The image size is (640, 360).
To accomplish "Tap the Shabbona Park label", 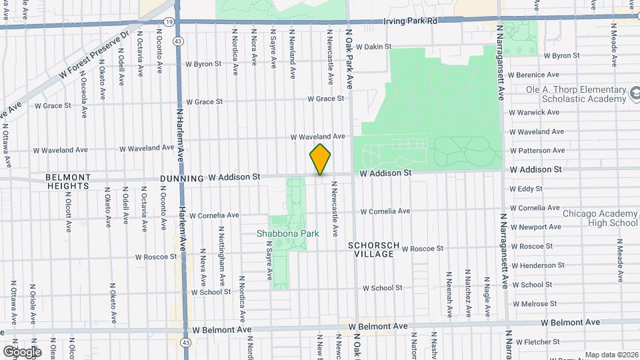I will click(x=288, y=233).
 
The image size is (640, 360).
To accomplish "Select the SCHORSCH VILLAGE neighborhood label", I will click(x=373, y=250).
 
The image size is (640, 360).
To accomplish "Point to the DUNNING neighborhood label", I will click(x=181, y=179).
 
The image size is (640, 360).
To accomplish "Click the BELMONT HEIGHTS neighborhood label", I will click(x=68, y=182).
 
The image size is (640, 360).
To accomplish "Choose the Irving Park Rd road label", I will click(x=410, y=21).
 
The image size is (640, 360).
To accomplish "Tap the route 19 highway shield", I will click(x=169, y=21).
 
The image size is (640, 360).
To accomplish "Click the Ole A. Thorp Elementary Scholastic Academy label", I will click(x=567, y=94).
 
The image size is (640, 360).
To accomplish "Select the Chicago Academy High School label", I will click(x=595, y=219).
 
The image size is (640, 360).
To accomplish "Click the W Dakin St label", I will click(x=377, y=47).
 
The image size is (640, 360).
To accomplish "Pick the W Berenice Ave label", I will click(x=534, y=75).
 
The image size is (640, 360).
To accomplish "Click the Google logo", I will click(x=22, y=351).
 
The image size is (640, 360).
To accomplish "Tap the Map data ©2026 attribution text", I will click(x=610, y=355).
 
